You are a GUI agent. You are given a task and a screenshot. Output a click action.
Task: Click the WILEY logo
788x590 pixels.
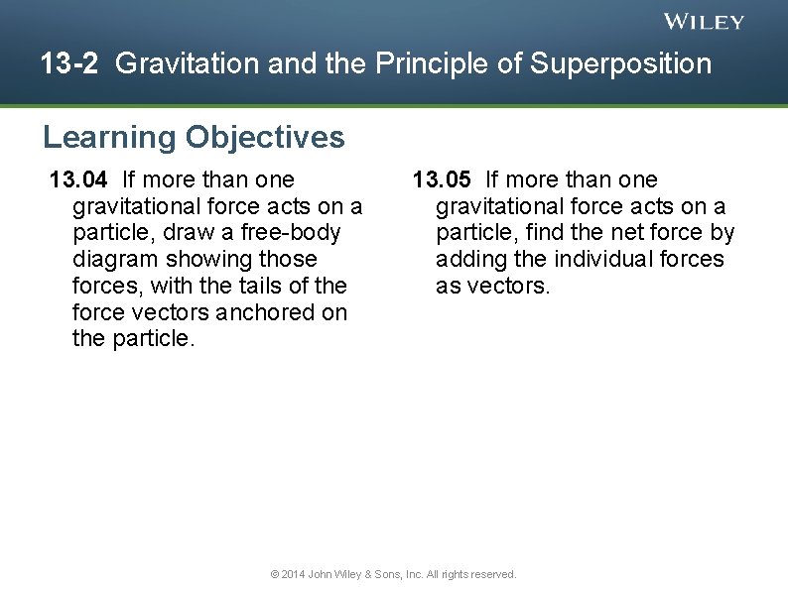704,22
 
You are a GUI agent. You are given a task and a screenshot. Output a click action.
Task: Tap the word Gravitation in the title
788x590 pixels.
177,64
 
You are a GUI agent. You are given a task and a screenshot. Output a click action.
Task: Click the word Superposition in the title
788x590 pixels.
620,64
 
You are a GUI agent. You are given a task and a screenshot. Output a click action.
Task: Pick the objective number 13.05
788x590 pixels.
443,179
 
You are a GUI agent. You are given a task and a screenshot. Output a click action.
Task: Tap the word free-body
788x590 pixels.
293,233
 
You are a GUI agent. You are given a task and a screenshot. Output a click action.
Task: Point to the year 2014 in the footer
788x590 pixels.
294,574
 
